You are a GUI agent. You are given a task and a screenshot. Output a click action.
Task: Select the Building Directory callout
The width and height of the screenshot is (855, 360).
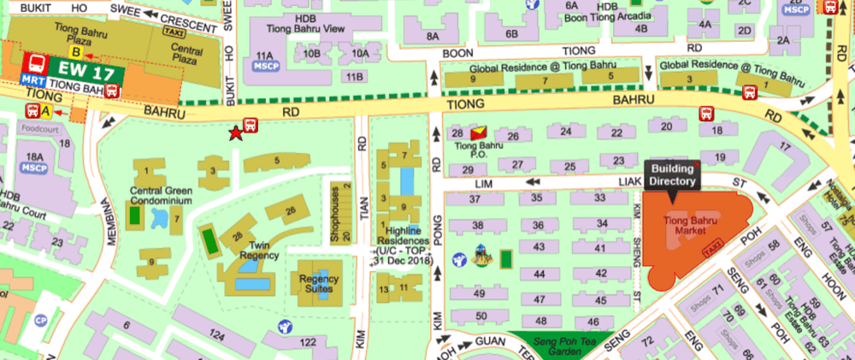(672, 175)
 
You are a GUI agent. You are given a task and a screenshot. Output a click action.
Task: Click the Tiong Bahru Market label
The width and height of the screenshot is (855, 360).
(691, 225)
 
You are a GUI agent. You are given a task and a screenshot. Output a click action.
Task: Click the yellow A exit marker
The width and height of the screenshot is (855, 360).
(46, 111)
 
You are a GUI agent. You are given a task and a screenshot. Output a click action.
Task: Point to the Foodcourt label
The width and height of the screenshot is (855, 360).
(36, 133)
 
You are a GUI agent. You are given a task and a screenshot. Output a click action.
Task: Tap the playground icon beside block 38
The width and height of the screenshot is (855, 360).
(481, 256)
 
